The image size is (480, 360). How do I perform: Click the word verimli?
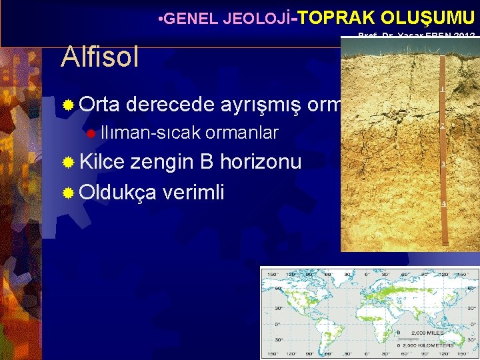(193, 192)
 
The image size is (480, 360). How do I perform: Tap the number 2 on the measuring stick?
(443, 126)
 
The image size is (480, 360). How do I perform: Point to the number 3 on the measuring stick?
(443, 164)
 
